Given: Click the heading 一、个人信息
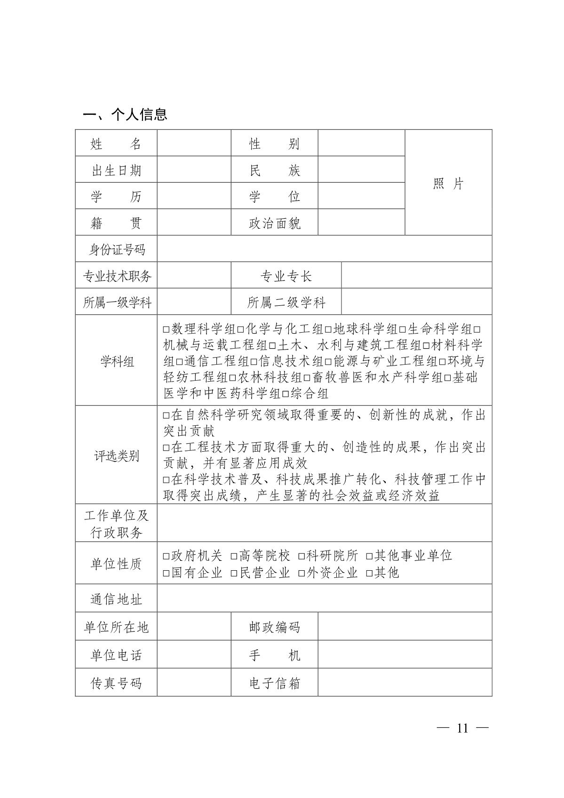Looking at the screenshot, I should (x=125, y=114).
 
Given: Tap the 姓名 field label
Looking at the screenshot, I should (x=116, y=144).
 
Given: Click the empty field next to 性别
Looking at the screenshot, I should (x=361, y=143).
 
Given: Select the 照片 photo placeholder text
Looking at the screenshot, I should (x=448, y=184).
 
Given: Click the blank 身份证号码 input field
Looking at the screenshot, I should (x=324, y=249).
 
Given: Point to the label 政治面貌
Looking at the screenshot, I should (x=275, y=223).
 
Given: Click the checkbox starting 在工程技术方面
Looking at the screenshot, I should (x=166, y=447).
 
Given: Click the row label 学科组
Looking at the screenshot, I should (x=116, y=361).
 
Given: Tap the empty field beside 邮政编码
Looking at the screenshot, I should (x=405, y=626).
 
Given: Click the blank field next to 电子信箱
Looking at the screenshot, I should (x=405, y=682).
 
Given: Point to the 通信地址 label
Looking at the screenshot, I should (x=116, y=599).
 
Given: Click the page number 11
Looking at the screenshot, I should (x=462, y=728).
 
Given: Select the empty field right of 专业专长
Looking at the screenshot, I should (x=416, y=275).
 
